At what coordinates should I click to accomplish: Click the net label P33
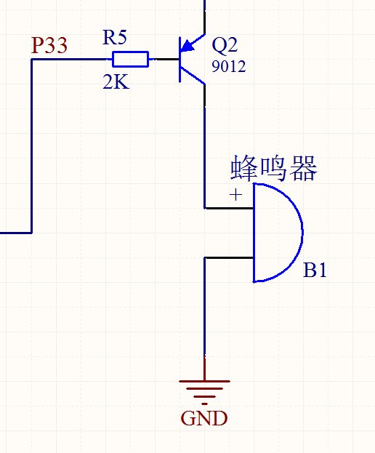point(49,45)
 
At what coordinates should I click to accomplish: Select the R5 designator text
point(115,37)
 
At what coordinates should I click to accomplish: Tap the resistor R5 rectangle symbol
point(131,59)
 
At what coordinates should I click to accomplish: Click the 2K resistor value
point(116,81)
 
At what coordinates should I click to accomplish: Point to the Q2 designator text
point(225,45)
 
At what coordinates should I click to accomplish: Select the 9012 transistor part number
point(229,66)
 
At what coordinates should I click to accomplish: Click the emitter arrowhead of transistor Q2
point(188,46)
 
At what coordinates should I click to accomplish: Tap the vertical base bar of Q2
point(180,60)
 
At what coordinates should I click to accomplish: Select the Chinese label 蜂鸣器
point(274,168)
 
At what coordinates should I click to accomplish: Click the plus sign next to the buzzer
point(235,195)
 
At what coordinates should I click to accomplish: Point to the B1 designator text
point(315,270)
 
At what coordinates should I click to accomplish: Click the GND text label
point(204,418)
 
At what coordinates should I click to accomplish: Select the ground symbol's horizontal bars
point(204,392)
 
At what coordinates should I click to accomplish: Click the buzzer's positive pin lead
point(229,208)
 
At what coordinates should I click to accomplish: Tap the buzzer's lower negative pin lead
point(229,257)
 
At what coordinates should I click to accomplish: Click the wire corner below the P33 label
point(31,60)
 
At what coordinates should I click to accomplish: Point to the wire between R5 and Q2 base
point(164,60)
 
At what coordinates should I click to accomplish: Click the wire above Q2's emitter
point(205,17)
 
